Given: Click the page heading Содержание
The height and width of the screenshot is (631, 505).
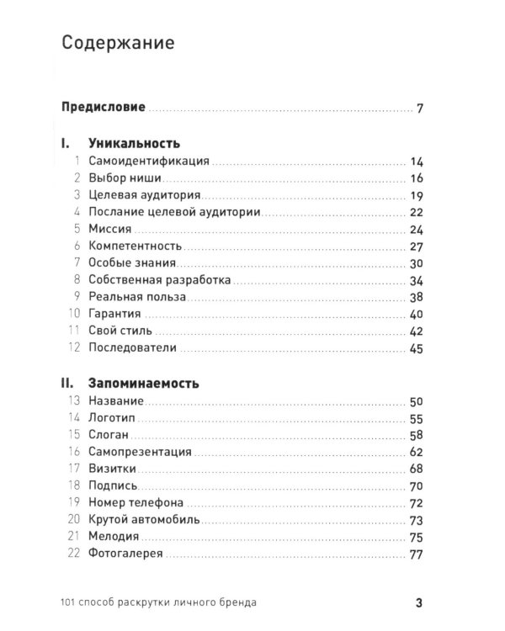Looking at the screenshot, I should click(119, 44).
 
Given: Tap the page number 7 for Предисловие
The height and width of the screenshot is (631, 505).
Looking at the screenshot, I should click(419, 109).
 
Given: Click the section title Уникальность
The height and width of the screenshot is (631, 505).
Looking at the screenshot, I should click(134, 144).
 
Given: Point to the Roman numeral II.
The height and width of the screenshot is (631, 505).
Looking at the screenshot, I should click(70, 383).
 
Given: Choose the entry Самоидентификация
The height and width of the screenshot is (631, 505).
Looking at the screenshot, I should click(143, 162).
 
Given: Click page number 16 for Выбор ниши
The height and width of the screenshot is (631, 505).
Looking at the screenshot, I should click(416, 178).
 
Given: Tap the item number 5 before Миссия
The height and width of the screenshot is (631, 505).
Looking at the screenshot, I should click(76, 230).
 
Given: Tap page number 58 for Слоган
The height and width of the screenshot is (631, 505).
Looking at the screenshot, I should click(415, 435).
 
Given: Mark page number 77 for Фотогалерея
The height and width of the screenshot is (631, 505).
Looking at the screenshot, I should click(415, 554).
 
